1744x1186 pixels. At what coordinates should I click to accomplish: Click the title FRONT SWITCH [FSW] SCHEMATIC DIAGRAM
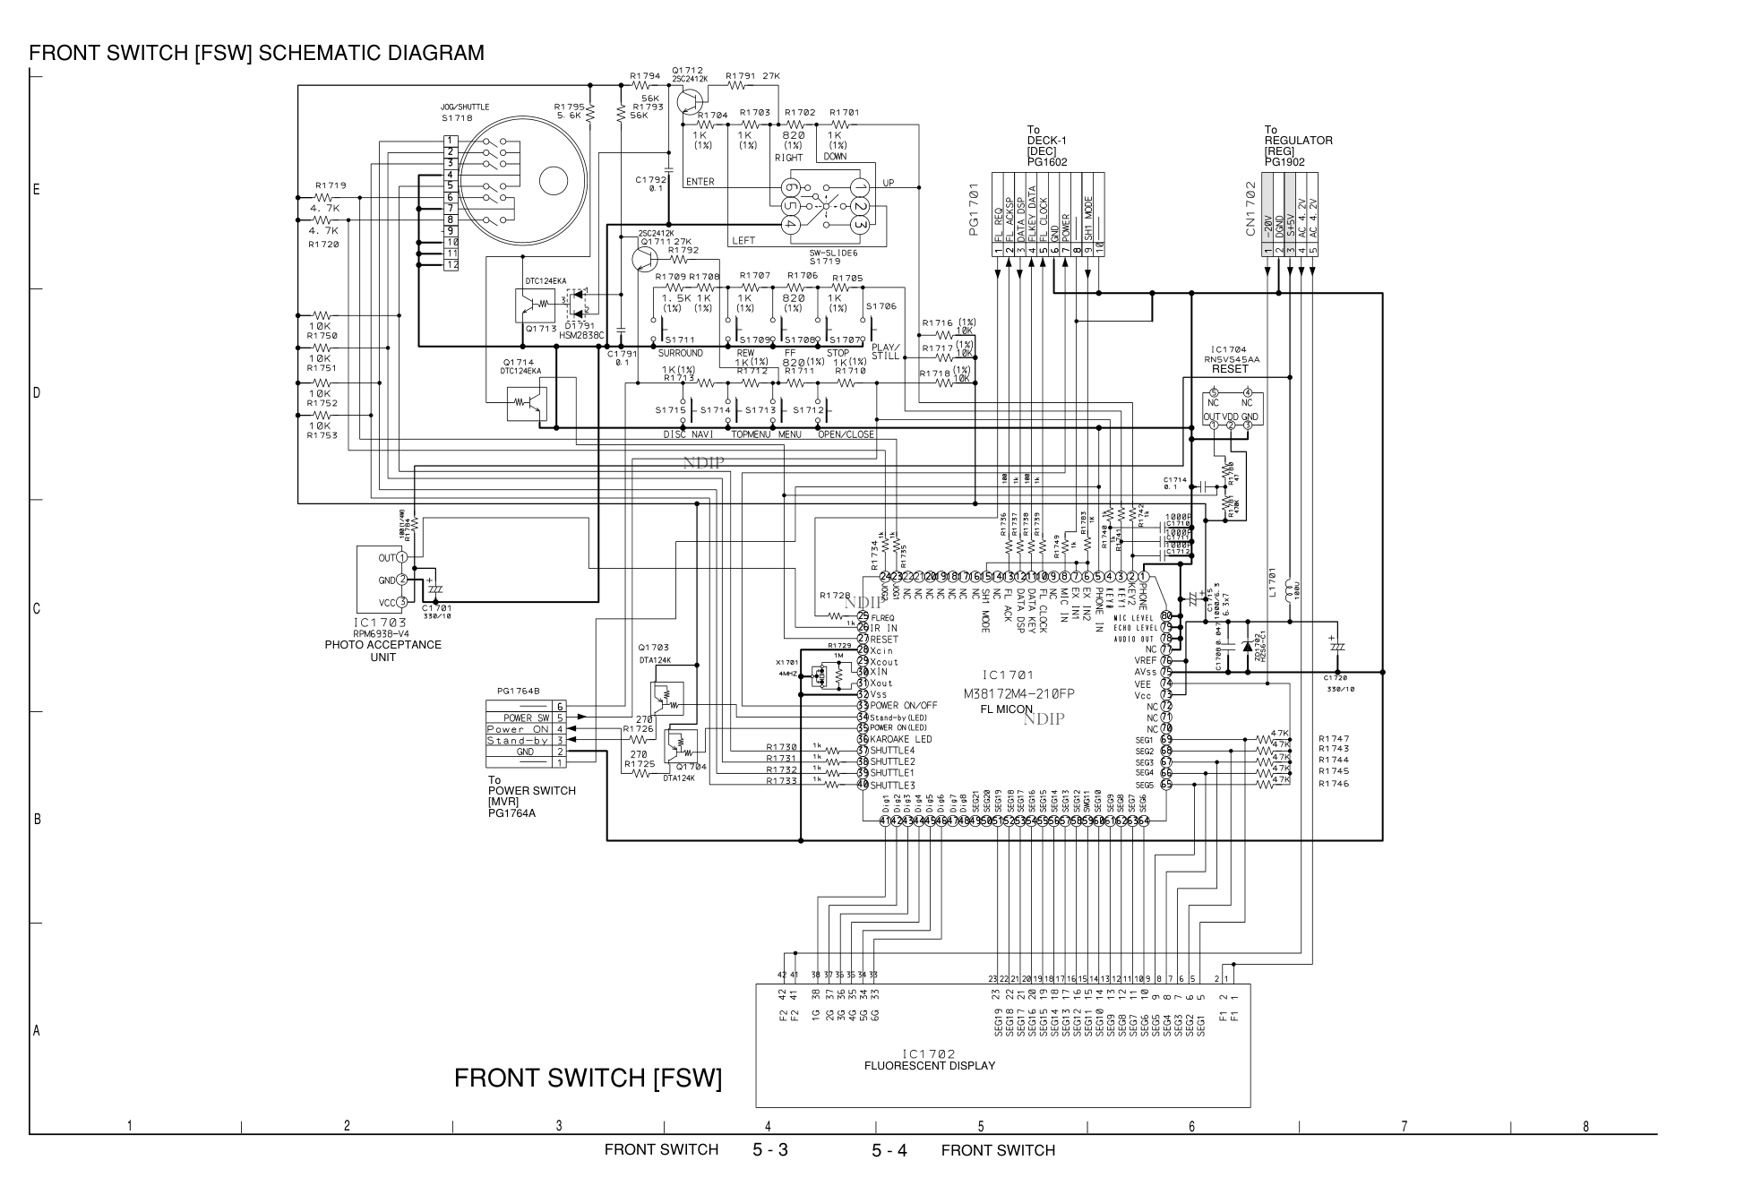click(x=256, y=53)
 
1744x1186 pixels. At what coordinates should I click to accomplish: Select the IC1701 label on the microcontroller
click(x=1007, y=675)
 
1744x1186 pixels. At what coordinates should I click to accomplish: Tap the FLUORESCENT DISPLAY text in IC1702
click(x=929, y=1066)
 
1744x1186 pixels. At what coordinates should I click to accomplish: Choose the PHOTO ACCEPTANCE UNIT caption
click(x=382, y=650)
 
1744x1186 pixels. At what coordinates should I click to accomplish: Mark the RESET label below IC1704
click(x=1230, y=369)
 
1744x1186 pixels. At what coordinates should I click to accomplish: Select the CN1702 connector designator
click(x=1250, y=210)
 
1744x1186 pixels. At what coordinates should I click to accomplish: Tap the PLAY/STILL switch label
click(x=885, y=351)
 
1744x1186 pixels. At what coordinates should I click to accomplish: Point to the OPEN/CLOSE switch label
click(x=846, y=434)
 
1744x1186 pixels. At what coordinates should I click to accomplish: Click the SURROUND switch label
click(x=680, y=353)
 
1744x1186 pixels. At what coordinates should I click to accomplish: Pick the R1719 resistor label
click(x=330, y=186)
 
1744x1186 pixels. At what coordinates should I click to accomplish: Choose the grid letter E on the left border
click(x=37, y=190)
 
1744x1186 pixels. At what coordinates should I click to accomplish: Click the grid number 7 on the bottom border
click(x=1404, y=1126)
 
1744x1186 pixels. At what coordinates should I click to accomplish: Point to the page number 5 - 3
click(x=769, y=1150)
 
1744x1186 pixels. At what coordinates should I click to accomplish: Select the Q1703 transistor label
click(x=654, y=648)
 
